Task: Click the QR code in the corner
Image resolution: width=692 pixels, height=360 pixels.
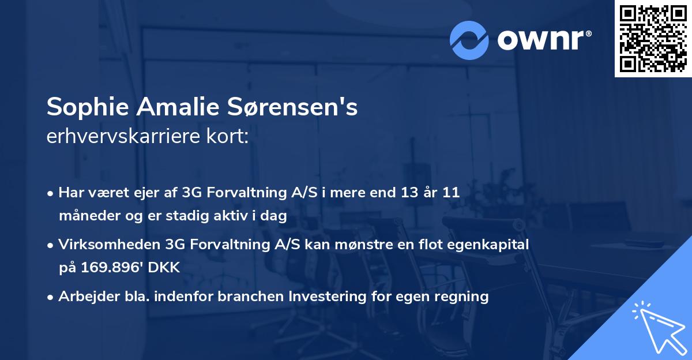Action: [x=653, y=38]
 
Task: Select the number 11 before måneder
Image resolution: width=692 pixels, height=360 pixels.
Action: [x=450, y=193]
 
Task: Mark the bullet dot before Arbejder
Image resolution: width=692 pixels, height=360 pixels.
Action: [x=51, y=298]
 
